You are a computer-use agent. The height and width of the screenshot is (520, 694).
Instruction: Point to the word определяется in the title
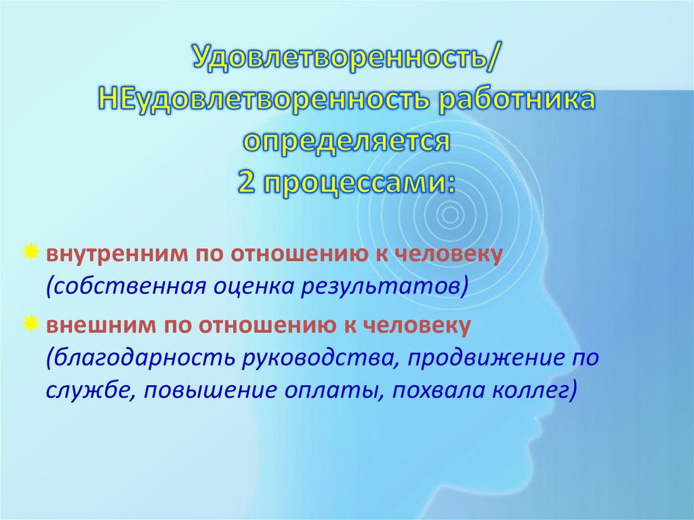(x=346, y=140)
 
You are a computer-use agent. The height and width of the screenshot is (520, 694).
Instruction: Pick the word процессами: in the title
(x=360, y=180)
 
